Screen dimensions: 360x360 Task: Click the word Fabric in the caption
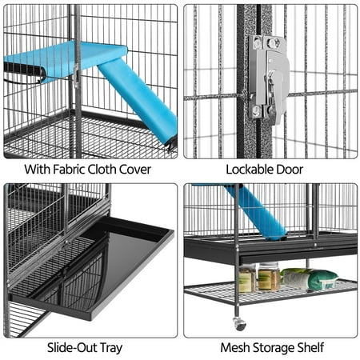[x=69, y=170]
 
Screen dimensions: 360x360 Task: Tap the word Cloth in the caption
[x=102, y=170]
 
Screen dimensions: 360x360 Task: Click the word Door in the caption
[x=290, y=170]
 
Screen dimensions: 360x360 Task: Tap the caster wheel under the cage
[x=239, y=324]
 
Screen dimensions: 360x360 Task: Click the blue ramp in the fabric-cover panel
[x=138, y=102]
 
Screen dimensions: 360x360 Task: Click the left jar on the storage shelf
[x=247, y=278]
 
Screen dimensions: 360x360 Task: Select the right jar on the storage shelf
[x=269, y=277]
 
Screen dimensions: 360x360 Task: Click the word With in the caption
[x=37, y=170]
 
